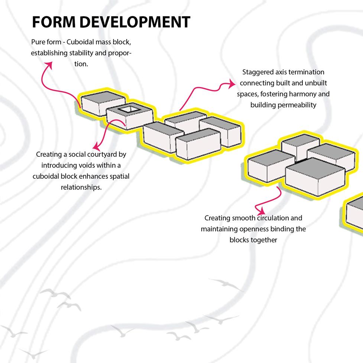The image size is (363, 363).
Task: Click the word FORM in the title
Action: coord(54,22)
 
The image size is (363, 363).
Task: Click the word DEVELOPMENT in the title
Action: coord(135,22)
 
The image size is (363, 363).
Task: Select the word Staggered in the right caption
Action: coord(256,72)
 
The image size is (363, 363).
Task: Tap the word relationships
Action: coord(81,187)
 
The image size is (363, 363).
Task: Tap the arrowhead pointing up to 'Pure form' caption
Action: coord(48,65)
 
